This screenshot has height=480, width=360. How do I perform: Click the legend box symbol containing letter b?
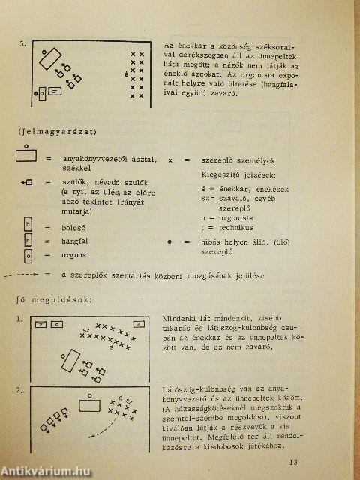28,224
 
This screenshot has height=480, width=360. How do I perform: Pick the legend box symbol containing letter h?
28,241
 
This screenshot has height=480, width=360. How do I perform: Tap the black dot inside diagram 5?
35,93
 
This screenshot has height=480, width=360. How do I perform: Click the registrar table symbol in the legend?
27,155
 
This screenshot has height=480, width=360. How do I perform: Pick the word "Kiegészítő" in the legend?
224,173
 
